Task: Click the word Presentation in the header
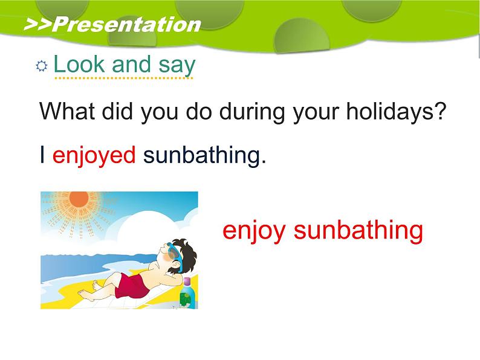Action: tap(127, 25)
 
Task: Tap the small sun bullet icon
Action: tap(41, 66)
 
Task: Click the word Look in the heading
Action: tap(79, 64)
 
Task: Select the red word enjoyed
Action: tap(94, 156)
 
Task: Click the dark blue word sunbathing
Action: tap(201, 156)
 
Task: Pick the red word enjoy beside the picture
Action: tap(254, 231)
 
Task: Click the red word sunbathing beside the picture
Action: tap(358, 231)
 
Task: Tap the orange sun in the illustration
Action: tap(79, 199)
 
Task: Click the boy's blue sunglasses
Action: tap(175, 255)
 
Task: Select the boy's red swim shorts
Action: tap(132, 286)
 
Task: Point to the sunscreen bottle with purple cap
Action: tap(187, 293)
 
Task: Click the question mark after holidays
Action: tap(440, 111)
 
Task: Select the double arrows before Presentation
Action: tap(37, 25)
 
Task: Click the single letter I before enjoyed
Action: tap(42, 155)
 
